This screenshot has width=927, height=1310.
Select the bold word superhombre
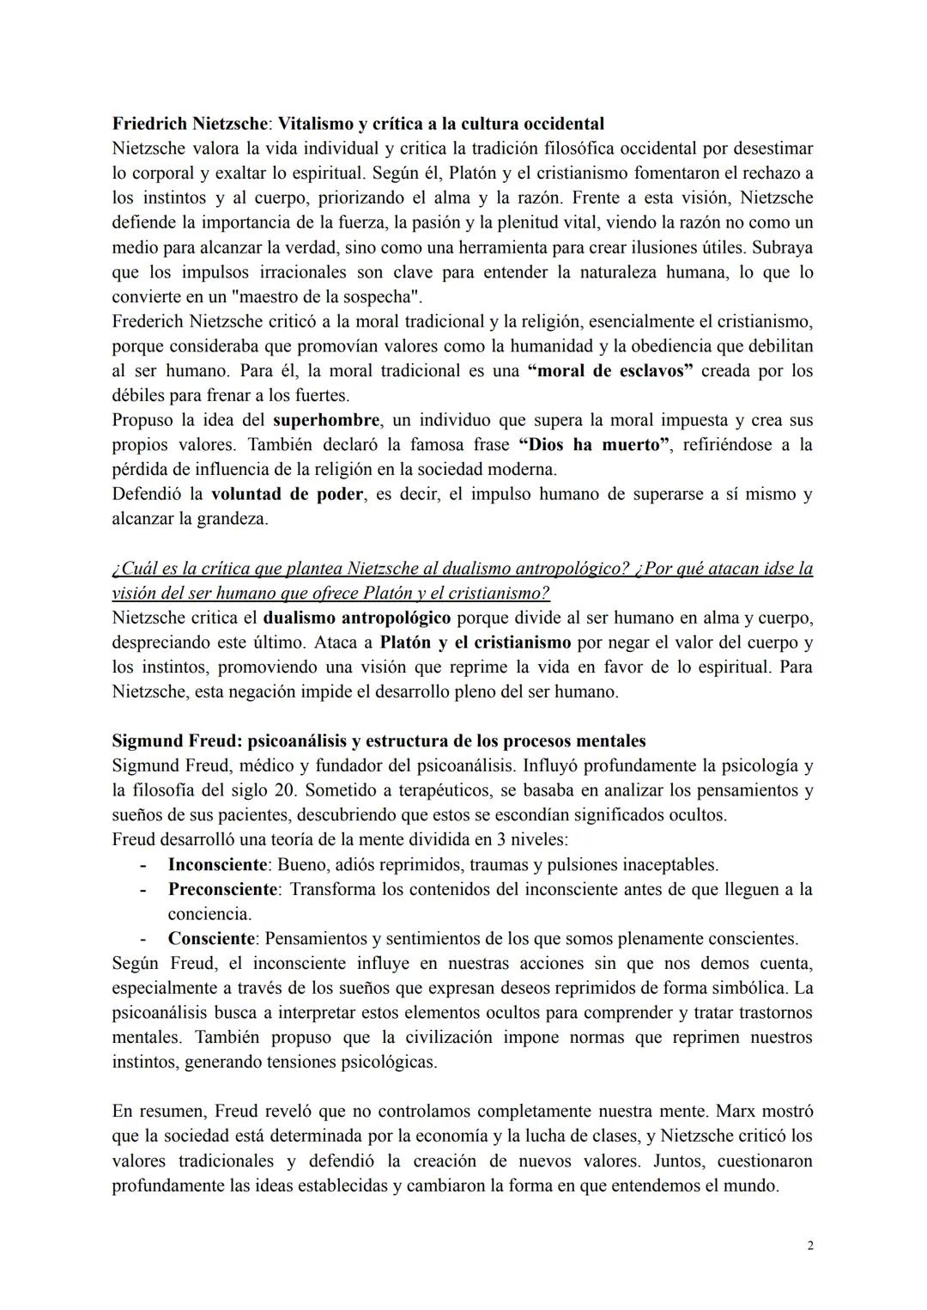(326, 421)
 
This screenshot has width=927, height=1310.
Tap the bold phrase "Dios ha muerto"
(593, 446)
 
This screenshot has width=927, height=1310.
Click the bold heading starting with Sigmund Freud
(379, 741)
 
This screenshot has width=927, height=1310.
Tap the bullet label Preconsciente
(222, 890)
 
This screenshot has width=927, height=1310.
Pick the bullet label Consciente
(211, 939)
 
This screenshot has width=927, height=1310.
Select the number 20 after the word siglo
(283, 790)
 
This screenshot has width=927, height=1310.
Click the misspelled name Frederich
(147, 323)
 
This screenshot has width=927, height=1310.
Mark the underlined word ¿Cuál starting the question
(133, 570)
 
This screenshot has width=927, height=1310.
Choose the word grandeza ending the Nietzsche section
(231, 520)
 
